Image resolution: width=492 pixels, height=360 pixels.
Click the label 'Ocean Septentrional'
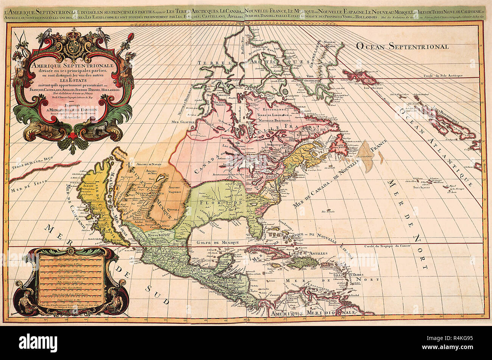(402, 46)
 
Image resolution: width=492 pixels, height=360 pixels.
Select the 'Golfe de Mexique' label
(218, 242)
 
